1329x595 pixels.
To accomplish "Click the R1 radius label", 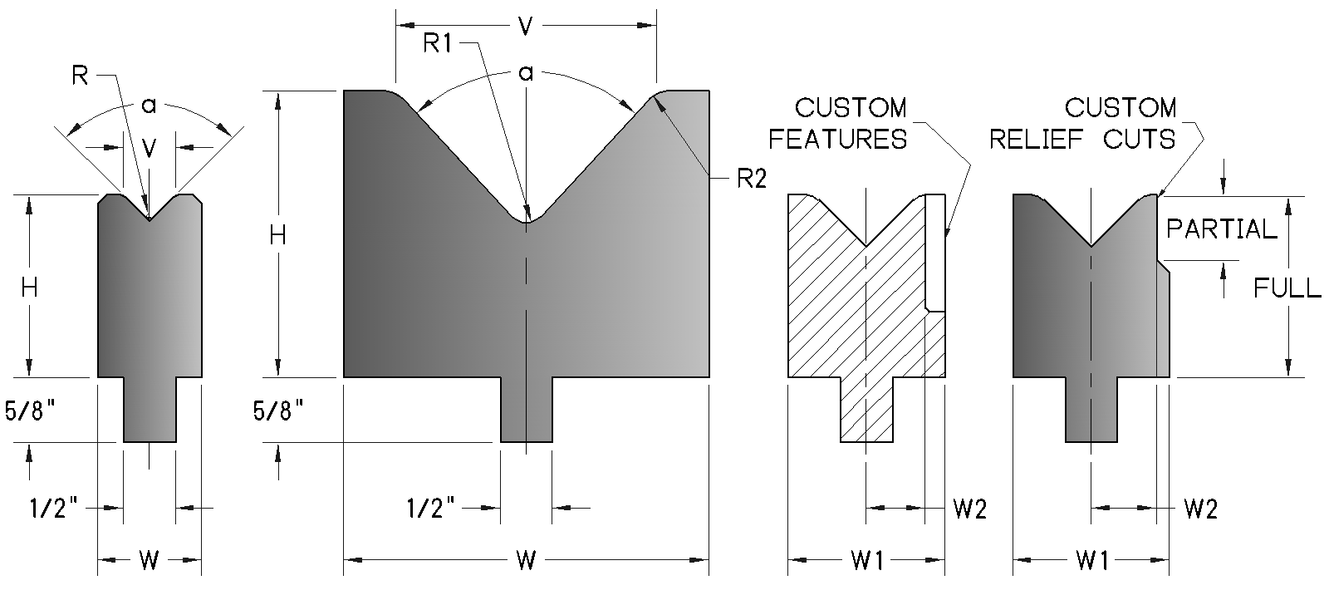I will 437,42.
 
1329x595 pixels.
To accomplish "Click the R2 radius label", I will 750,179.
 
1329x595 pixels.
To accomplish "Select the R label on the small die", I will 81,76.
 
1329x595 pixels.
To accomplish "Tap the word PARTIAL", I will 1221,229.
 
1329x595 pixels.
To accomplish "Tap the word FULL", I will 1287,288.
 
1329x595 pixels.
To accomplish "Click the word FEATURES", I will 837,139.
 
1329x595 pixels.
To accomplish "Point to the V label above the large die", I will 525,27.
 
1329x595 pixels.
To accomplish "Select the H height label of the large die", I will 278,236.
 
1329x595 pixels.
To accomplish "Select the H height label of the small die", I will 29,288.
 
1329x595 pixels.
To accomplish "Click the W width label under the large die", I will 526,561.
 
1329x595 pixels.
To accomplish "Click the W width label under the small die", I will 149,561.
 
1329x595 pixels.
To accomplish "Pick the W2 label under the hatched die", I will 969,509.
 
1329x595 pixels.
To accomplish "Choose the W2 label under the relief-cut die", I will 1200,509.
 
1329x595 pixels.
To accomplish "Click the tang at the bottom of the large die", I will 527,409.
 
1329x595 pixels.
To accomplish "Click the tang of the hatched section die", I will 866,409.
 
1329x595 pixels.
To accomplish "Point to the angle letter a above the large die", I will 525,73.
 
